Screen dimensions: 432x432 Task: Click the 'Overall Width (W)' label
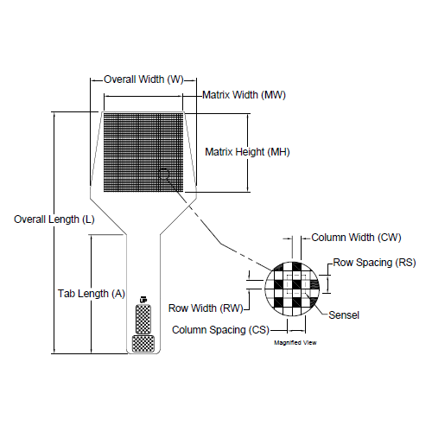point(143,79)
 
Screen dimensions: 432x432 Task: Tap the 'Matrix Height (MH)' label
point(246,152)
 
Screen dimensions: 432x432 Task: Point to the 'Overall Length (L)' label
point(54,219)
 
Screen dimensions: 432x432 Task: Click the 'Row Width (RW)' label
point(205,308)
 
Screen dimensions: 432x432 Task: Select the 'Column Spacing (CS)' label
point(219,330)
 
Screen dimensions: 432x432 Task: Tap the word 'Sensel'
point(344,315)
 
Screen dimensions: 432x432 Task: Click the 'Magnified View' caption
point(295,343)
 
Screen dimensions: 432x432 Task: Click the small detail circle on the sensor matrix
point(165,175)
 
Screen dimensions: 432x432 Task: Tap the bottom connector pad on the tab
point(142,343)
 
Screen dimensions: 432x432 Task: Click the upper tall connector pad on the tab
point(142,319)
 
